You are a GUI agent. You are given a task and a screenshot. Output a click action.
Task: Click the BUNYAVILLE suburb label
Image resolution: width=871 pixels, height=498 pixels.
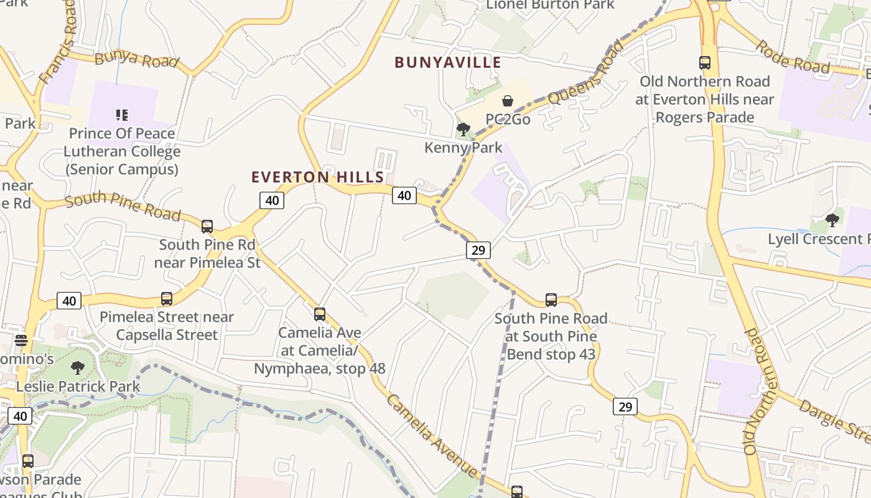pyautogui.click(x=448, y=62)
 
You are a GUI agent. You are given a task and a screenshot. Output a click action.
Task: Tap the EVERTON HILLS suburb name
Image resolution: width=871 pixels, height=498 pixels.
pyautogui.click(x=318, y=177)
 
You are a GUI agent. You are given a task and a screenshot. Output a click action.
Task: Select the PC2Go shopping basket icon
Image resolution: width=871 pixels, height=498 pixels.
pyautogui.click(x=508, y=101)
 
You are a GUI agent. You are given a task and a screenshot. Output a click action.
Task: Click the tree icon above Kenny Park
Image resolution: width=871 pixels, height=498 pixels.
pyautogui.click(x=463, y=129)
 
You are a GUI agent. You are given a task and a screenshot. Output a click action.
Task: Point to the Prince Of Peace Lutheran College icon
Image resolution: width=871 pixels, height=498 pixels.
pyautogui.click(x=122, y=115)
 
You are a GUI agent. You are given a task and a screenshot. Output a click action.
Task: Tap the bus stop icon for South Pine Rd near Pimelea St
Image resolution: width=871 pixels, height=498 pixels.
pyautogui.click(x=207, y=227)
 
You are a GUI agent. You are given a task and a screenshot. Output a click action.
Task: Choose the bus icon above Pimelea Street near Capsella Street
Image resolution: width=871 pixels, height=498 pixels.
pyautogui.click(x=167, y=299)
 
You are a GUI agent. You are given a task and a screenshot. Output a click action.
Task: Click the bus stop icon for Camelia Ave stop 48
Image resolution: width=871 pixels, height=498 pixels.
pyautogui.click(x=320, y=314)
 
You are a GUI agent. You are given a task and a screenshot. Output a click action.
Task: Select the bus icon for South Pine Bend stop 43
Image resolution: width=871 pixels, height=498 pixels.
pyautogui.click(x=551, y=300)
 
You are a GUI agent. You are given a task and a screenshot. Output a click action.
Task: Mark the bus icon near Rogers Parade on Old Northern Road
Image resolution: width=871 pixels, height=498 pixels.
pyautogui.click(x=705, y=63)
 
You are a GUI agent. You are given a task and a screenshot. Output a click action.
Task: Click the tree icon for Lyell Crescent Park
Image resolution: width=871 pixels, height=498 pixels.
pyautogui.click(x=832, y=220)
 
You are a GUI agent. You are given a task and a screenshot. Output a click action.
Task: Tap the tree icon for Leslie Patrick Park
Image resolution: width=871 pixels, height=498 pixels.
pyautogui.click(x=78, y=368)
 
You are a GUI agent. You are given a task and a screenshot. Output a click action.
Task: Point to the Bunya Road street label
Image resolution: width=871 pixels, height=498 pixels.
pyautogui.click(x=137, y=60)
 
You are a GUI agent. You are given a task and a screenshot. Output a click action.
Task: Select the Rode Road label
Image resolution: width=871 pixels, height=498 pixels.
pyautogui.click(x=793, y=57)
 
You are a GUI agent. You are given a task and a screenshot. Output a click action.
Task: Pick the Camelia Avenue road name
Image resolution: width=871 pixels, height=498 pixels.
pyautogui.click(x=432, y=436)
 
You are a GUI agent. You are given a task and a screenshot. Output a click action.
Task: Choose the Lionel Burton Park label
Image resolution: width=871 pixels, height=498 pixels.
pyautogui.click(x=550, y=5)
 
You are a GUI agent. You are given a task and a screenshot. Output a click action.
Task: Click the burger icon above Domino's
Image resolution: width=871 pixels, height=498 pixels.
pyautogui.click(x=21, y=341)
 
